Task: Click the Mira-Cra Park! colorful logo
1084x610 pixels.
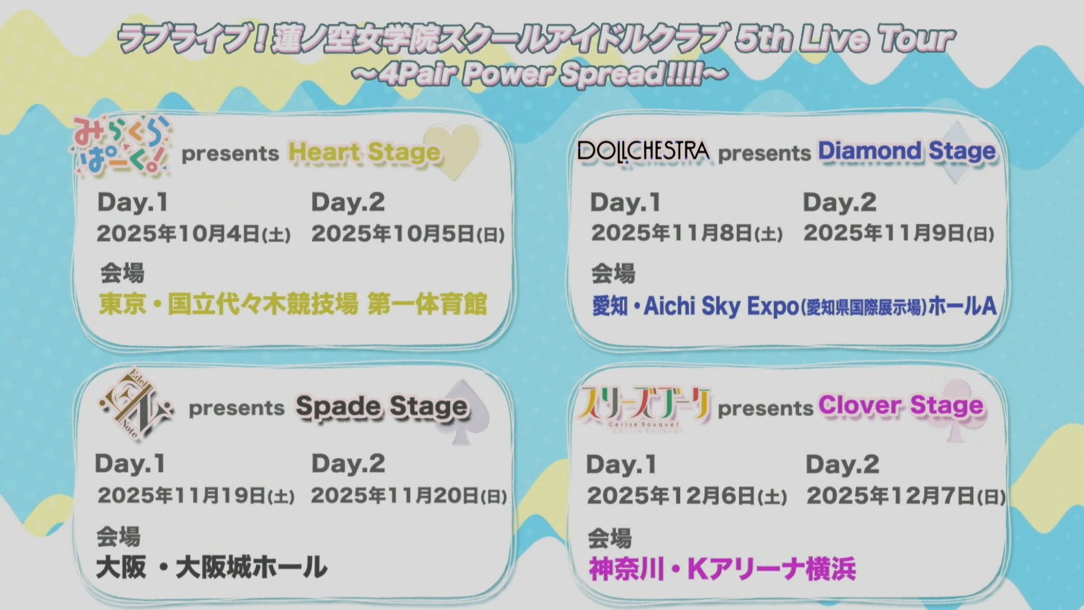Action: point(120,146)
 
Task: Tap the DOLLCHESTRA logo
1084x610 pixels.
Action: point(643,151)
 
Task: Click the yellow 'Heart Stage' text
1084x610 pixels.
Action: point(364,152)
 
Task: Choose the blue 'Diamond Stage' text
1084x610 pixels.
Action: point(907,151)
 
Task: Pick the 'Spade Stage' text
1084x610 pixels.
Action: point(382,406)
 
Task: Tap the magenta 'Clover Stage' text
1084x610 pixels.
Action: point(901,405)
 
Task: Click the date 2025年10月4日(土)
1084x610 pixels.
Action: point(194,233)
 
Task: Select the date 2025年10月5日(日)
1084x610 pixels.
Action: point(408,233)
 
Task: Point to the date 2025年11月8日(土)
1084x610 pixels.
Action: point(687,233)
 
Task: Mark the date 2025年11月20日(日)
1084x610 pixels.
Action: point(409,495)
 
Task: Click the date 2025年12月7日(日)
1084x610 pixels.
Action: point(906,496)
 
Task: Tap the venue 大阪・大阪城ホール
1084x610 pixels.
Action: point(212,567)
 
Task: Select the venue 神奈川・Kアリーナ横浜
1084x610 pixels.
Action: point(722,569)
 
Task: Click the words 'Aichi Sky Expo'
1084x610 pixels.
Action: point(721,306)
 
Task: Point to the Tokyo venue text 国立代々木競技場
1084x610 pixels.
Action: point(263,304)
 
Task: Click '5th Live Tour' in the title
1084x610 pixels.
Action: point(844,38)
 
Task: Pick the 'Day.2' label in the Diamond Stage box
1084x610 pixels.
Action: point(840,202)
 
